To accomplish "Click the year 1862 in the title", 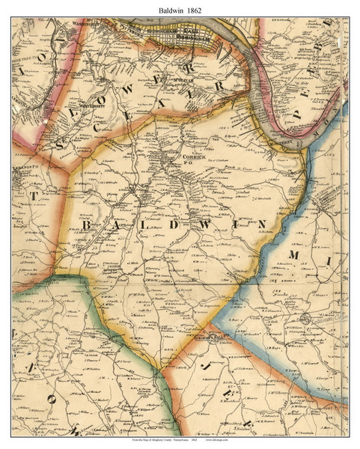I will tap(198, 8).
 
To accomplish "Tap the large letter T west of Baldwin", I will tap(33, 195).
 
